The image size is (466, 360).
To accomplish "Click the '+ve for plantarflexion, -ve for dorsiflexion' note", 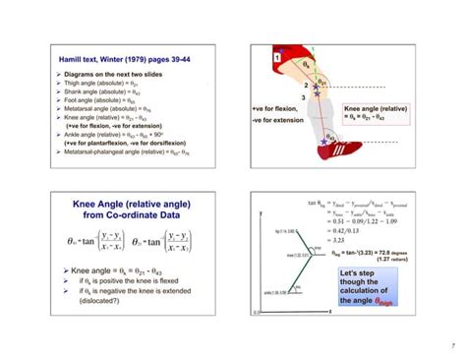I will tap(117, 145).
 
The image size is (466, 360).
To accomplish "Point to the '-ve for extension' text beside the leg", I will tap(277, 121).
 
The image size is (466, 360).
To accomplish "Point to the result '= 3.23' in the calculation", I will tap(340, 239).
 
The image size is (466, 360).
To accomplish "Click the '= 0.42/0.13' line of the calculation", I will tap(349, 230).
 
